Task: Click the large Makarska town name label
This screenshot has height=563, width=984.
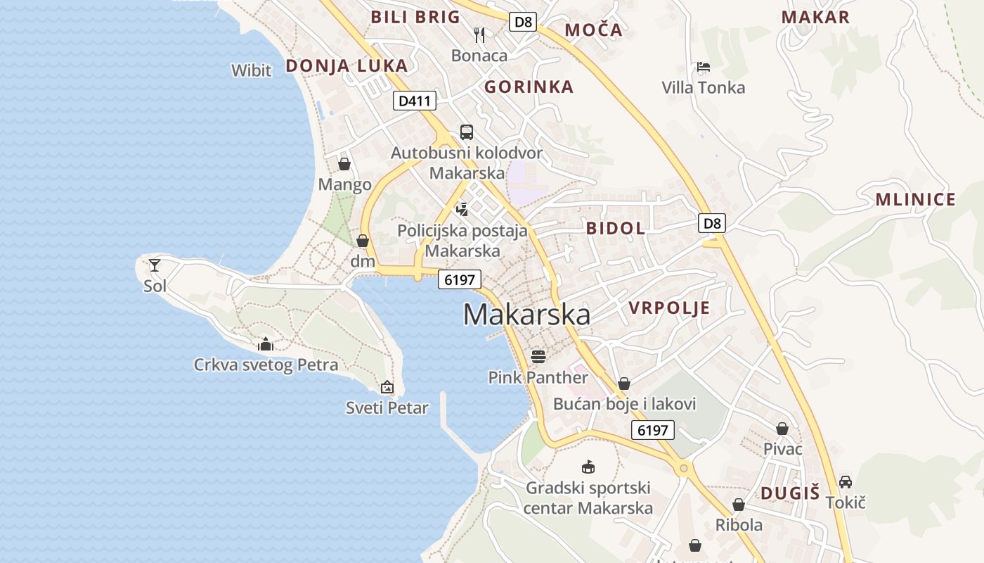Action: coord(526,315)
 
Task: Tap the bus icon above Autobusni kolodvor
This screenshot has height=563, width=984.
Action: coord(467,132)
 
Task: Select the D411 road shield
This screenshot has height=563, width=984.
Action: coord(414,101)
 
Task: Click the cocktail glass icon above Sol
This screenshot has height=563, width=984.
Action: coord(155,265)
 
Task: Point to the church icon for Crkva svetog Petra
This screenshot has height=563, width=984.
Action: coord(266,344)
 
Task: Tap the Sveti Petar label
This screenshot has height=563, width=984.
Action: coord(387,407)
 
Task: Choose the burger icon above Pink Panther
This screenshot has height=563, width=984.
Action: coord(538,356)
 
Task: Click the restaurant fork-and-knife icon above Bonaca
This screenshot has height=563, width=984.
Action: coord(479,34)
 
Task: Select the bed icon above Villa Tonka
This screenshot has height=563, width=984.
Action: coord(704,67)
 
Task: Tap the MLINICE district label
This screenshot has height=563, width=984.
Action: coord(915,200)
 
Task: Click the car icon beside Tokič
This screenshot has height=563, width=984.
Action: coord(846,482)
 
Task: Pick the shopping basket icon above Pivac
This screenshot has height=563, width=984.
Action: coord(782,429)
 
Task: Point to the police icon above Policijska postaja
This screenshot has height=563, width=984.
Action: coord(462,208)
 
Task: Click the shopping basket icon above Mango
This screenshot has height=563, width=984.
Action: coord(344,164)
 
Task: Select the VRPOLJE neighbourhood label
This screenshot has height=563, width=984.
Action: coord(669,308)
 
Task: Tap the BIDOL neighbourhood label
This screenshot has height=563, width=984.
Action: coord(616,228)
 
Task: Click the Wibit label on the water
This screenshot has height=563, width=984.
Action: coord(251,70)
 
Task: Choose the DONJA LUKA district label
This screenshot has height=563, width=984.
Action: coord(347,66)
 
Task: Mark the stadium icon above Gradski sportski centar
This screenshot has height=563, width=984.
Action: coord(588,467)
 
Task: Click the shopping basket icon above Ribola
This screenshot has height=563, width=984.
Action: coord(738,505)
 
